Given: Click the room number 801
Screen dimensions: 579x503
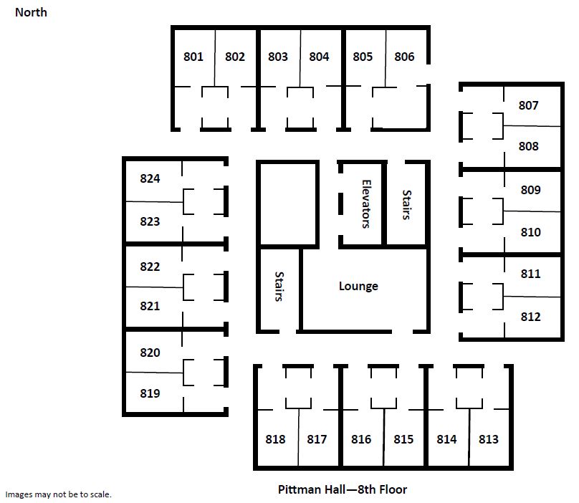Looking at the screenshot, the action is (193, 57).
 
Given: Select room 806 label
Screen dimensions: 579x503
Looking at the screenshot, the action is (404, 57).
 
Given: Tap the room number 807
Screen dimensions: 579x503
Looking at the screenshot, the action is (528, 105).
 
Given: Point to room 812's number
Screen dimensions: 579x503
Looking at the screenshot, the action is (530, 317).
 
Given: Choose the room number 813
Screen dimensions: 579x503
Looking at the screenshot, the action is (489, 439).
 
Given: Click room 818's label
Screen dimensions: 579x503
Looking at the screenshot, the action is (275, 439).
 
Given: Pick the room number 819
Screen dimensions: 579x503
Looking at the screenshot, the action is (150, 393).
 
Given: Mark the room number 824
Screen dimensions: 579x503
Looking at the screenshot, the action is (150, 178).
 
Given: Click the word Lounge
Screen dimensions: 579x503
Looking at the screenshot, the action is (358, 286).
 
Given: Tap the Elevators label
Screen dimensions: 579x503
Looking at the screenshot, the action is (366, 204).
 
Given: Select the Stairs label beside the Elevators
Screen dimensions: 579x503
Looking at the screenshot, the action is (406, 205).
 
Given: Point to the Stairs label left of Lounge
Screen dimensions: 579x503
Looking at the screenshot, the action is (279, 287).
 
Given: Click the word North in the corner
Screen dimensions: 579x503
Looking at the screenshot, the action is (31, 12).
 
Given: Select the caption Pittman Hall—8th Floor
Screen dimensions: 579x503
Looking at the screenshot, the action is (343, 489).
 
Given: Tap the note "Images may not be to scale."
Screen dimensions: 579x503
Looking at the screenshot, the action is (58, 494).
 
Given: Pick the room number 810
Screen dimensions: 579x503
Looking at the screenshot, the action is (530, 232).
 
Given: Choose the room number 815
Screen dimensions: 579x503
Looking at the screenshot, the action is (403, 439).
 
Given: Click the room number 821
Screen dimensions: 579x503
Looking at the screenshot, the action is (150, 306).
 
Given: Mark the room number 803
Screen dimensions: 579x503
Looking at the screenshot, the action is (278, 57).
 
